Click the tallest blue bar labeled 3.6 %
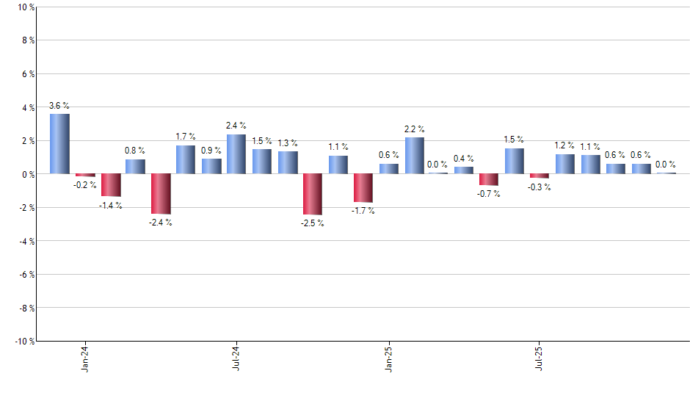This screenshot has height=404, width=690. [x=59, y=144]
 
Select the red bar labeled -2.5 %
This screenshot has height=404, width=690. [x=313, y=194]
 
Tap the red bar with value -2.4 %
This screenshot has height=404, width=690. [x=161, y=193]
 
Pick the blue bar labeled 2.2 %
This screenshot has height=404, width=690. [x=414, y=156]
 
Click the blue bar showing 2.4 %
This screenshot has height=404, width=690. [x=236, y=154]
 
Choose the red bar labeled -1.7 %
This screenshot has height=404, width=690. [x=363, y=188]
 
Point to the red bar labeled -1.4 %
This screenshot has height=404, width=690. [x=110, y=185]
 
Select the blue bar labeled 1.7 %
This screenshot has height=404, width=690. [x=186, y=159]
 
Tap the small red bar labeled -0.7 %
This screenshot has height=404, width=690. [x=489, y=180]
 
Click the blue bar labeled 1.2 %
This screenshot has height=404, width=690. [x=565, y=164]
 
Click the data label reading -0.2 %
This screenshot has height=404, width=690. [x=84, y=185]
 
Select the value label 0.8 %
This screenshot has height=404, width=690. [x=135, y=151]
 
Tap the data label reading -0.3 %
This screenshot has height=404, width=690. [x=540, y=187]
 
